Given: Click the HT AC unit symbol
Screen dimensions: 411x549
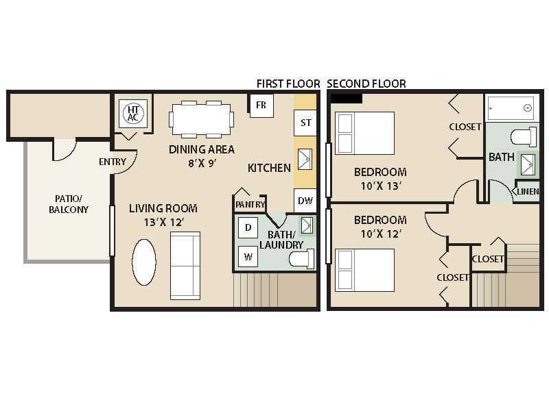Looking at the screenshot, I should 132,113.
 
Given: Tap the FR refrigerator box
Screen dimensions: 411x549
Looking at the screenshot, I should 261,105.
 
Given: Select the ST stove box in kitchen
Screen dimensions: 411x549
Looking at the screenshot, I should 305,123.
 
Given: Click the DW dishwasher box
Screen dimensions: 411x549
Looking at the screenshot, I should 305,201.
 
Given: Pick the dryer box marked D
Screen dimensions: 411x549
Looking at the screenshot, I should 248,227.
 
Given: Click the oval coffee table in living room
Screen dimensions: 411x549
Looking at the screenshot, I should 144,262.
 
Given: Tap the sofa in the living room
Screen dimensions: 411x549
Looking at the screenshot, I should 185,266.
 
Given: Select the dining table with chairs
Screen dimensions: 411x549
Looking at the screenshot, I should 201,119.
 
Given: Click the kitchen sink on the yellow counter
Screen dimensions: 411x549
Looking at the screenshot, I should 305,160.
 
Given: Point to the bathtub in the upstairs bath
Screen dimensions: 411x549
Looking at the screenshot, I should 512,108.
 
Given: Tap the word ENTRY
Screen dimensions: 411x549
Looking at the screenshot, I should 113,162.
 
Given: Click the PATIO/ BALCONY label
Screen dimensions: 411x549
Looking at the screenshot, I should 69,204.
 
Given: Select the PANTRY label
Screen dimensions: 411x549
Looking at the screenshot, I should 250,204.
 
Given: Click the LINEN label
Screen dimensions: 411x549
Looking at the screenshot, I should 528,191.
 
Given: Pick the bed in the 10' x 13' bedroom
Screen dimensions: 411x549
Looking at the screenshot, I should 364,133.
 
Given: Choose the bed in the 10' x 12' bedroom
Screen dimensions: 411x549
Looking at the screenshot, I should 364,270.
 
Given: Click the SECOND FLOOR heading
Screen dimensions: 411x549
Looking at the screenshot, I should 366,84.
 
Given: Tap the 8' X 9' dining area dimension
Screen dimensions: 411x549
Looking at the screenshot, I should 202,163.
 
